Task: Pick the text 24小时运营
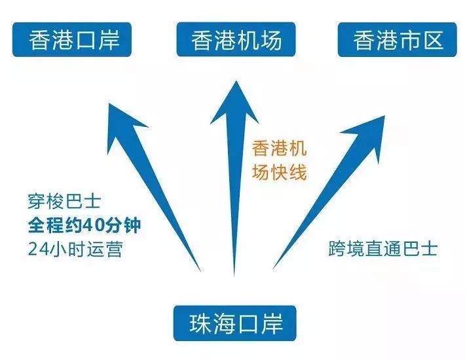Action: [x=75, y=249]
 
